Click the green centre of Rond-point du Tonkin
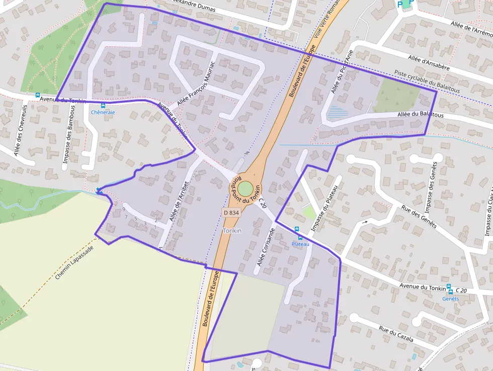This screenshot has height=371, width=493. (245, 189)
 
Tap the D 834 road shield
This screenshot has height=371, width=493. (231, 213)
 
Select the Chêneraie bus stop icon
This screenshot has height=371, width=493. (103, 106)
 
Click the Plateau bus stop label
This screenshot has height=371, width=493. (300, 244)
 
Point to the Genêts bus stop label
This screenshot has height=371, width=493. (450, 299)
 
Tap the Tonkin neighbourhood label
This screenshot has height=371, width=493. (232, 231)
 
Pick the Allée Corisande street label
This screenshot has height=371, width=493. (266, 247)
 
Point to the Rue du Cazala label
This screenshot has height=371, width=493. (396, 334)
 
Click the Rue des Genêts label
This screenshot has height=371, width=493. (418, 215)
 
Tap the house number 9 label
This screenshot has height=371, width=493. (123, 209)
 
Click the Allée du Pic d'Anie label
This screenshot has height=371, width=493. (343, 71)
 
